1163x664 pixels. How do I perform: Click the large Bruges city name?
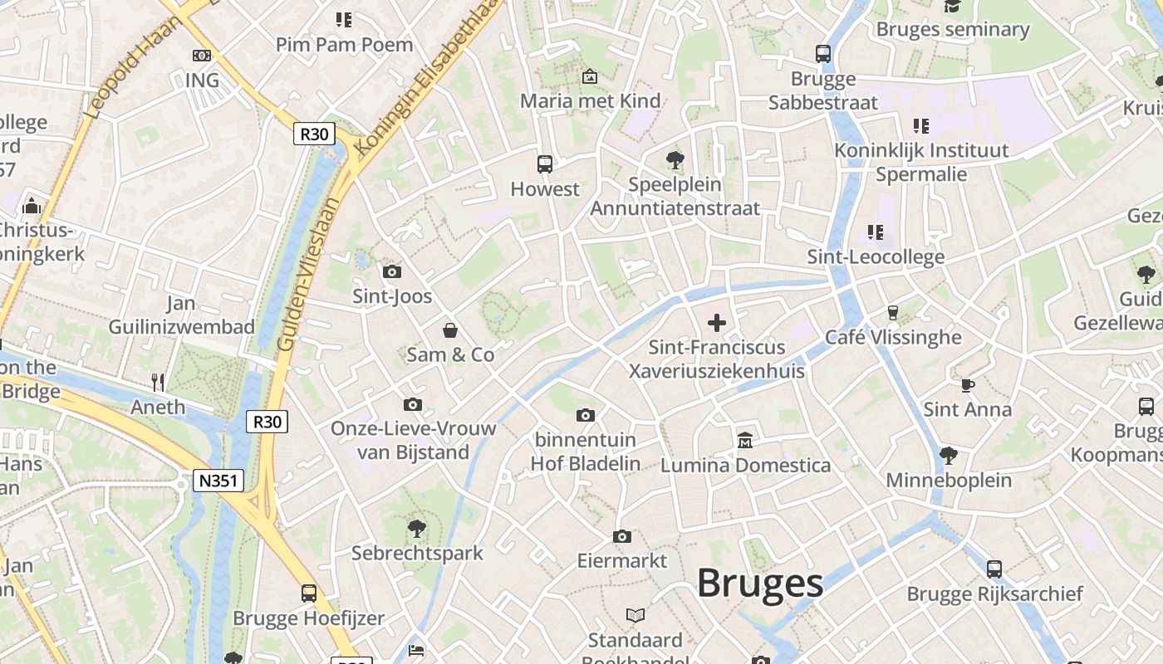tap(759, 583)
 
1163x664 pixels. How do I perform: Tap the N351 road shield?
tap(218, 481)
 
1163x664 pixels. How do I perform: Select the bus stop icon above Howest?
tap(545, 164)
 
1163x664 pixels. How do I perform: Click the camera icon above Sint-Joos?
tap(392, 271)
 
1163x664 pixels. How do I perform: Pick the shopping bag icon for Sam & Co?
tap(449, 330)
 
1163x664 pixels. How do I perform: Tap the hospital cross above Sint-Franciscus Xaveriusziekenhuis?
tap(716, 323)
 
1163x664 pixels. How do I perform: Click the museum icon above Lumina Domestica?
tap(745, 440)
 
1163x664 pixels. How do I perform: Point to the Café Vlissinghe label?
tap(893, 337)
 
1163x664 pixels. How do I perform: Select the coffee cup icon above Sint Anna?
tap(967, 385)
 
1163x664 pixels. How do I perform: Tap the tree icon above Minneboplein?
tap(948, 455)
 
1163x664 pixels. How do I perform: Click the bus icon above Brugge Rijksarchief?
tap(994, 569)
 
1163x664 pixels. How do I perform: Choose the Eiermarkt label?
tap(622, 561)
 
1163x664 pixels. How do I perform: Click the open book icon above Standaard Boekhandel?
tap(635, 615)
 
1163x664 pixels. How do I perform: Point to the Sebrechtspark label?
tap(417, 553)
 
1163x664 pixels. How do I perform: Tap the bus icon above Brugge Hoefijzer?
tap(309, 593)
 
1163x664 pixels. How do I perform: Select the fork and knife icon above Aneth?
tap(158, 382)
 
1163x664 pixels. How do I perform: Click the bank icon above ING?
tap(202, 56)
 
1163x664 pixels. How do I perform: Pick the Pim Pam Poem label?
tap(344, 44)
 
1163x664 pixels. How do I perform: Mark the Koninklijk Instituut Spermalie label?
tap(922, 162)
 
